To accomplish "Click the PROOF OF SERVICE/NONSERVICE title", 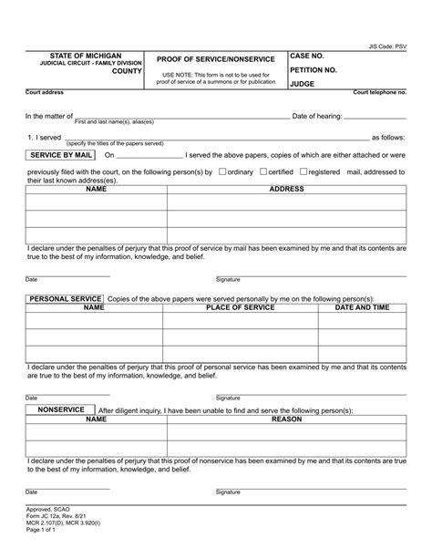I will (215, 59).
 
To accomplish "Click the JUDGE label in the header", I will (302, 83).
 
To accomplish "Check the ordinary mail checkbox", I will (222, 171).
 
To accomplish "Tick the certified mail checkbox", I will (263, 171).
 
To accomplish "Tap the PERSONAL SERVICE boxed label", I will (65, 299).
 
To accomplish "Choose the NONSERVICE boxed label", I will (61, 410).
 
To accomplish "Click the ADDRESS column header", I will (287, 190).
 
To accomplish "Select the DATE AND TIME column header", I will (362, 308).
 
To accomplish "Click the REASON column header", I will (286, 420).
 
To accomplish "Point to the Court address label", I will (45, 93).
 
